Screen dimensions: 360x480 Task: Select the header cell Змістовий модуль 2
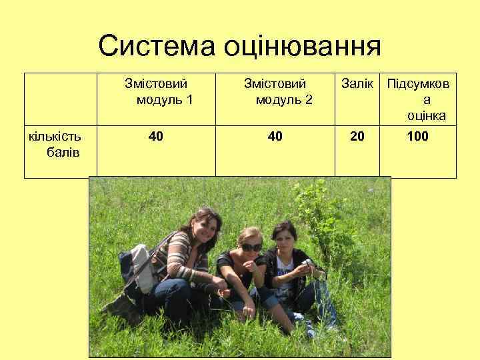[275, 92]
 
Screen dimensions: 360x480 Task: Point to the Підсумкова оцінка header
[418, 99]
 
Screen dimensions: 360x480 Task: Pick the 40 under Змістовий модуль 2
[275, 137]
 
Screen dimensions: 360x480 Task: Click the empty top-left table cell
[61, 99]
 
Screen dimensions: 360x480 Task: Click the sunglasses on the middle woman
[251, 247]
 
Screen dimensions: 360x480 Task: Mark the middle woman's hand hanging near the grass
[249, 309]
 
